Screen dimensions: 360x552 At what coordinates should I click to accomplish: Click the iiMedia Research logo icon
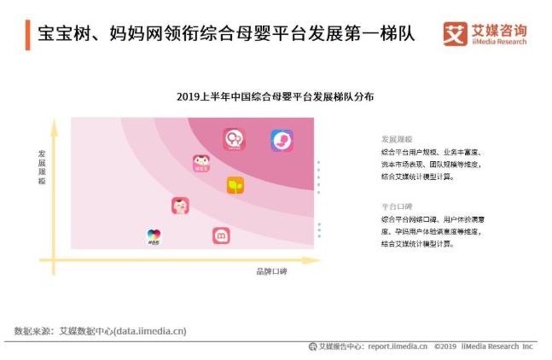[456, 34]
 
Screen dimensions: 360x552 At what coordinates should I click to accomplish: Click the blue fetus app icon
[282, 140]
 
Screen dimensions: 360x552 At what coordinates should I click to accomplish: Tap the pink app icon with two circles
[234, 139]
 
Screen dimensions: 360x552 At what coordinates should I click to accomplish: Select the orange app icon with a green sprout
[235, 185]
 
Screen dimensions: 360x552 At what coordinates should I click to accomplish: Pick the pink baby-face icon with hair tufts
[201, 163]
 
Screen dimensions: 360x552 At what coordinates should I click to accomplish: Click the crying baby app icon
[180, 206]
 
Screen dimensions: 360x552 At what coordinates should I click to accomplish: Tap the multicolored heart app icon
[154, 235]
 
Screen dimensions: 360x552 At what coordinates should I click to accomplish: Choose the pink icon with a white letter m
[221, 235]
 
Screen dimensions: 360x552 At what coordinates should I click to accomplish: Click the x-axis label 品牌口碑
[272, 271]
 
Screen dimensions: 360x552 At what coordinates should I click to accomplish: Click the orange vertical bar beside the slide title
[27, 35]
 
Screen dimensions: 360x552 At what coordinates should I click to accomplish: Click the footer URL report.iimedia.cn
[397, 346]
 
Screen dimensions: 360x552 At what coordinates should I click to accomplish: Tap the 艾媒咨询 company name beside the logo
[498, 30]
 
